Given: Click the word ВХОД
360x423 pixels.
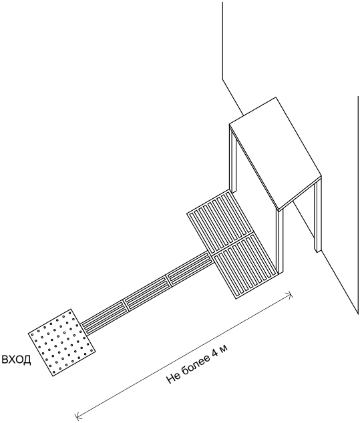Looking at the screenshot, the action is click(x=17, y=360).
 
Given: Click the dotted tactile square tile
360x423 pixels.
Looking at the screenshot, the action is click(x=61, y=343).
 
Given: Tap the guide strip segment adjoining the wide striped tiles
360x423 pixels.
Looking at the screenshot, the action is click(x=189, y=268).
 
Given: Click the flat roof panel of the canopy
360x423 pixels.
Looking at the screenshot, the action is click(x=275, y=153).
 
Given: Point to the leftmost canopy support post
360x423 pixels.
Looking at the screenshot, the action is click(x=233, y=159).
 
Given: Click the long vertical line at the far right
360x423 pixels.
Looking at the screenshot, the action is click(x=358, y=205).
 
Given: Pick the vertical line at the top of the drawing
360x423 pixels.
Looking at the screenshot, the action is click(x=223, y=41).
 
